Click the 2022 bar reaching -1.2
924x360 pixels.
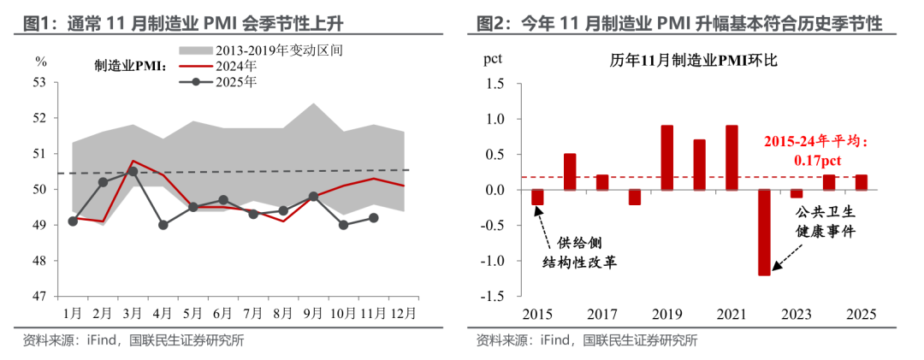(x=764, y=232)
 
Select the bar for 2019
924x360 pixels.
(x=666, y=157)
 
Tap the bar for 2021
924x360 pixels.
(x=731, y=157)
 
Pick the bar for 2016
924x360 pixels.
(x=570, y=171)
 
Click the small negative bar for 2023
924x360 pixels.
(x=797, y=193)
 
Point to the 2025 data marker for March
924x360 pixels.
(x=133, y=171)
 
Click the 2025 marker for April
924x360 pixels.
(x=163, y=225)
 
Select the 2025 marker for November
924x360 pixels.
(x=374, y=217)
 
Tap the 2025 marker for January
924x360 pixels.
(x=73, y=221)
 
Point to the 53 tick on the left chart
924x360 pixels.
(x=40, y=83)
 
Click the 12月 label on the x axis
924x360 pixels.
(x=403, y=312)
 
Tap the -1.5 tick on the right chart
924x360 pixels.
(x=493, y=297)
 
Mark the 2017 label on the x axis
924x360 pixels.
(x=602, y=313)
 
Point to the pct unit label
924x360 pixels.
(x=493, y=60)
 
